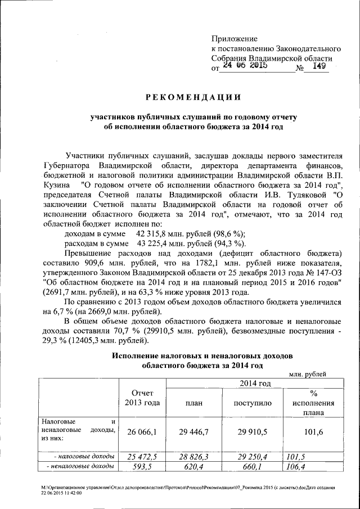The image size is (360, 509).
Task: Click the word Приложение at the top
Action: (234, 39)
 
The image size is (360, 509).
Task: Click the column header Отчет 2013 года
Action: (142, 397)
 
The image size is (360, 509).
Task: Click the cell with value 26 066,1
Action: (142, 431)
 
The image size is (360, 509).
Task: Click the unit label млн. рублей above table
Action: (308, 374)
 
